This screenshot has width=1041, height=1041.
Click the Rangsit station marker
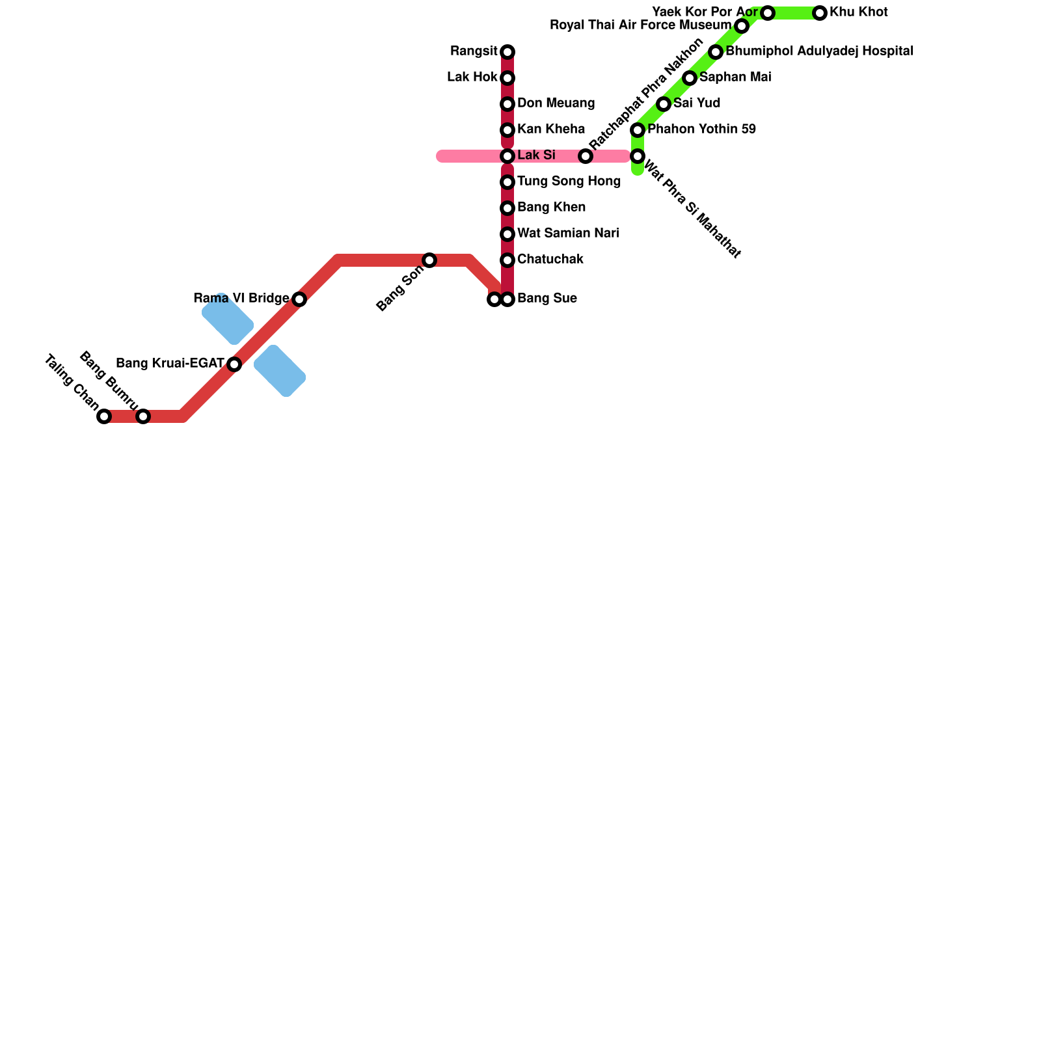507,52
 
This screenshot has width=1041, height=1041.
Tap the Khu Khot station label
858,12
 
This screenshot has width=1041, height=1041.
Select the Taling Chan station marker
104,416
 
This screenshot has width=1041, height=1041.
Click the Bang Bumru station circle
143,416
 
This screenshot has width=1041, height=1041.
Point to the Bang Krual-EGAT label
170,363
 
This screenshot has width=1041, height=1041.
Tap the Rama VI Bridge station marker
299,299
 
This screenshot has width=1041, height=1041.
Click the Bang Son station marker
429,260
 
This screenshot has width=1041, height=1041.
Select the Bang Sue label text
547,299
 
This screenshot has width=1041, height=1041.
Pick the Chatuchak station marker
507,260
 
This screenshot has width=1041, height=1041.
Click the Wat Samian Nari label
568,233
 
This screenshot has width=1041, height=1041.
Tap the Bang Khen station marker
507,208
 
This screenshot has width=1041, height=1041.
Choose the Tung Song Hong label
569,181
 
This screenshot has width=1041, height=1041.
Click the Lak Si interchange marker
507,156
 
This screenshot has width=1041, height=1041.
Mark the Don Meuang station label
556,103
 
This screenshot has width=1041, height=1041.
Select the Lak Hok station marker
507,78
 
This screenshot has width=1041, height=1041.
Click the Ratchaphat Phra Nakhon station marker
586,156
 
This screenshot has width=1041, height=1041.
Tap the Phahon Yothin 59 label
701,129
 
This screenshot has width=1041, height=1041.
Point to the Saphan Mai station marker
690,78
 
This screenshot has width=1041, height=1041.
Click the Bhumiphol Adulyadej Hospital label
818,51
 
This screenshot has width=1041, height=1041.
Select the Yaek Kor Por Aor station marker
768,13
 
